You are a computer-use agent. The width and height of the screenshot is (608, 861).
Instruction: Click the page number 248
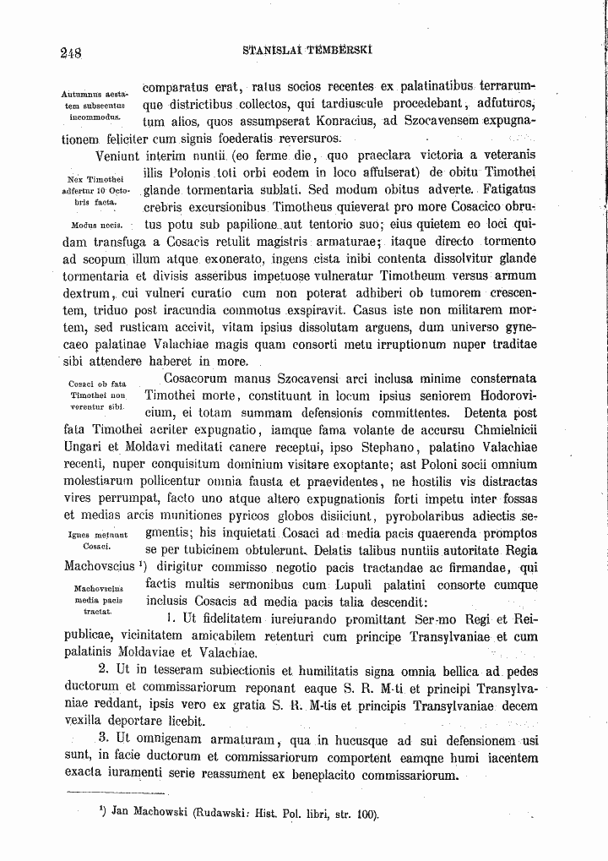point(70,52)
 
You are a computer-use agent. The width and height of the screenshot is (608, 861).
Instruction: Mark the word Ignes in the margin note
point(79,534)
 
